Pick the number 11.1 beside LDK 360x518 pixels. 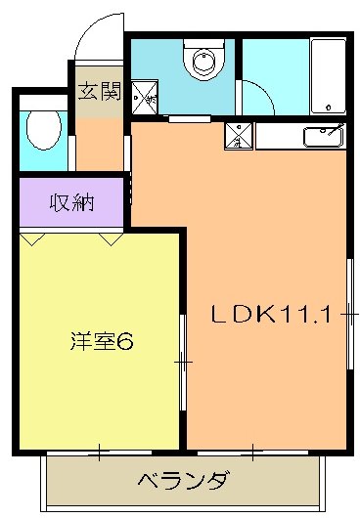[x=312, y=315]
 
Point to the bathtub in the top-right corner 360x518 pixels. [x=327, y=76]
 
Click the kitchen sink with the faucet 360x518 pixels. [x=323, y=136]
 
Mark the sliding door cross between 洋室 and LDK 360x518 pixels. [x=183, y=363]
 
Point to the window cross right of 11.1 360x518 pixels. [x=349, y=315]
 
